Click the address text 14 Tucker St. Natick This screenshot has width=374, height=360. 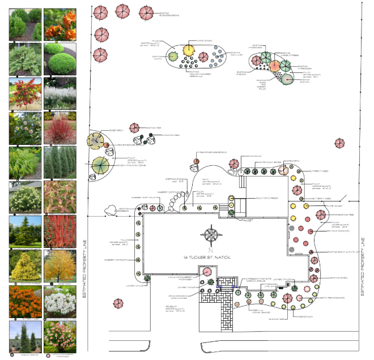click(214, 257)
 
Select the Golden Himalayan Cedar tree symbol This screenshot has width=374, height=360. click(101, 166)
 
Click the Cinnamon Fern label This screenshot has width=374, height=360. click(166, 136)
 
